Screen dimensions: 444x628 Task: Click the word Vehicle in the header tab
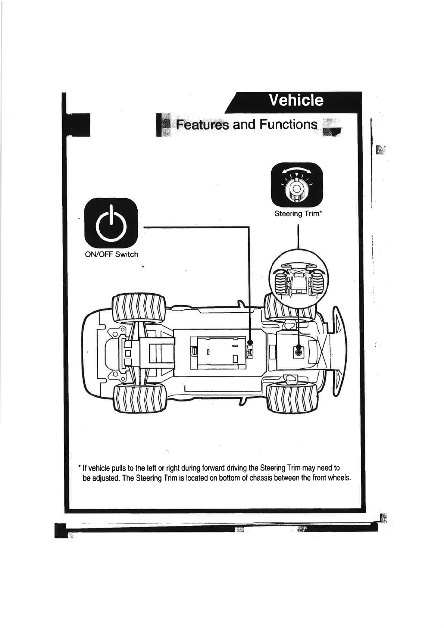click(296, 100)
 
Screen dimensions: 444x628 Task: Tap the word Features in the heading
click(202, 125)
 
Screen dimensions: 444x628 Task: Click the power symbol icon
click(111, 224)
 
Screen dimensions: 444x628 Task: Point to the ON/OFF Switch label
click(112, 254)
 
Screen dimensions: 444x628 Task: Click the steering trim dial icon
click(296, 185)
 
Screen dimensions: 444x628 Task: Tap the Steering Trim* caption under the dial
click(298, 214)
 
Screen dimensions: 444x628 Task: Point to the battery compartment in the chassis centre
click(218, 353)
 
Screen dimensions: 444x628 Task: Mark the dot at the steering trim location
click(298, 352)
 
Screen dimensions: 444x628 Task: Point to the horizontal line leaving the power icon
click(194, 227)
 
